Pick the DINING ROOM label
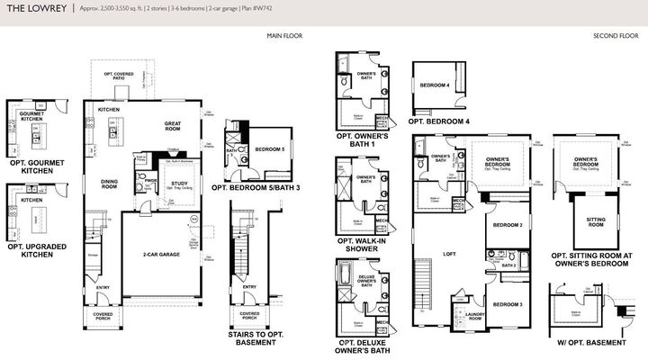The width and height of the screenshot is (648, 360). pos(109,183)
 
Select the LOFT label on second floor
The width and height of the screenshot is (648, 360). pos(449,254)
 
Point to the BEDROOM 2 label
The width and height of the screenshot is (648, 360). pos(508,225)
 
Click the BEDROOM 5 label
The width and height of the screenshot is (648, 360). pos(269,148)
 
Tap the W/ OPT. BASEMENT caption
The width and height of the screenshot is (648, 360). pos(589,343)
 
